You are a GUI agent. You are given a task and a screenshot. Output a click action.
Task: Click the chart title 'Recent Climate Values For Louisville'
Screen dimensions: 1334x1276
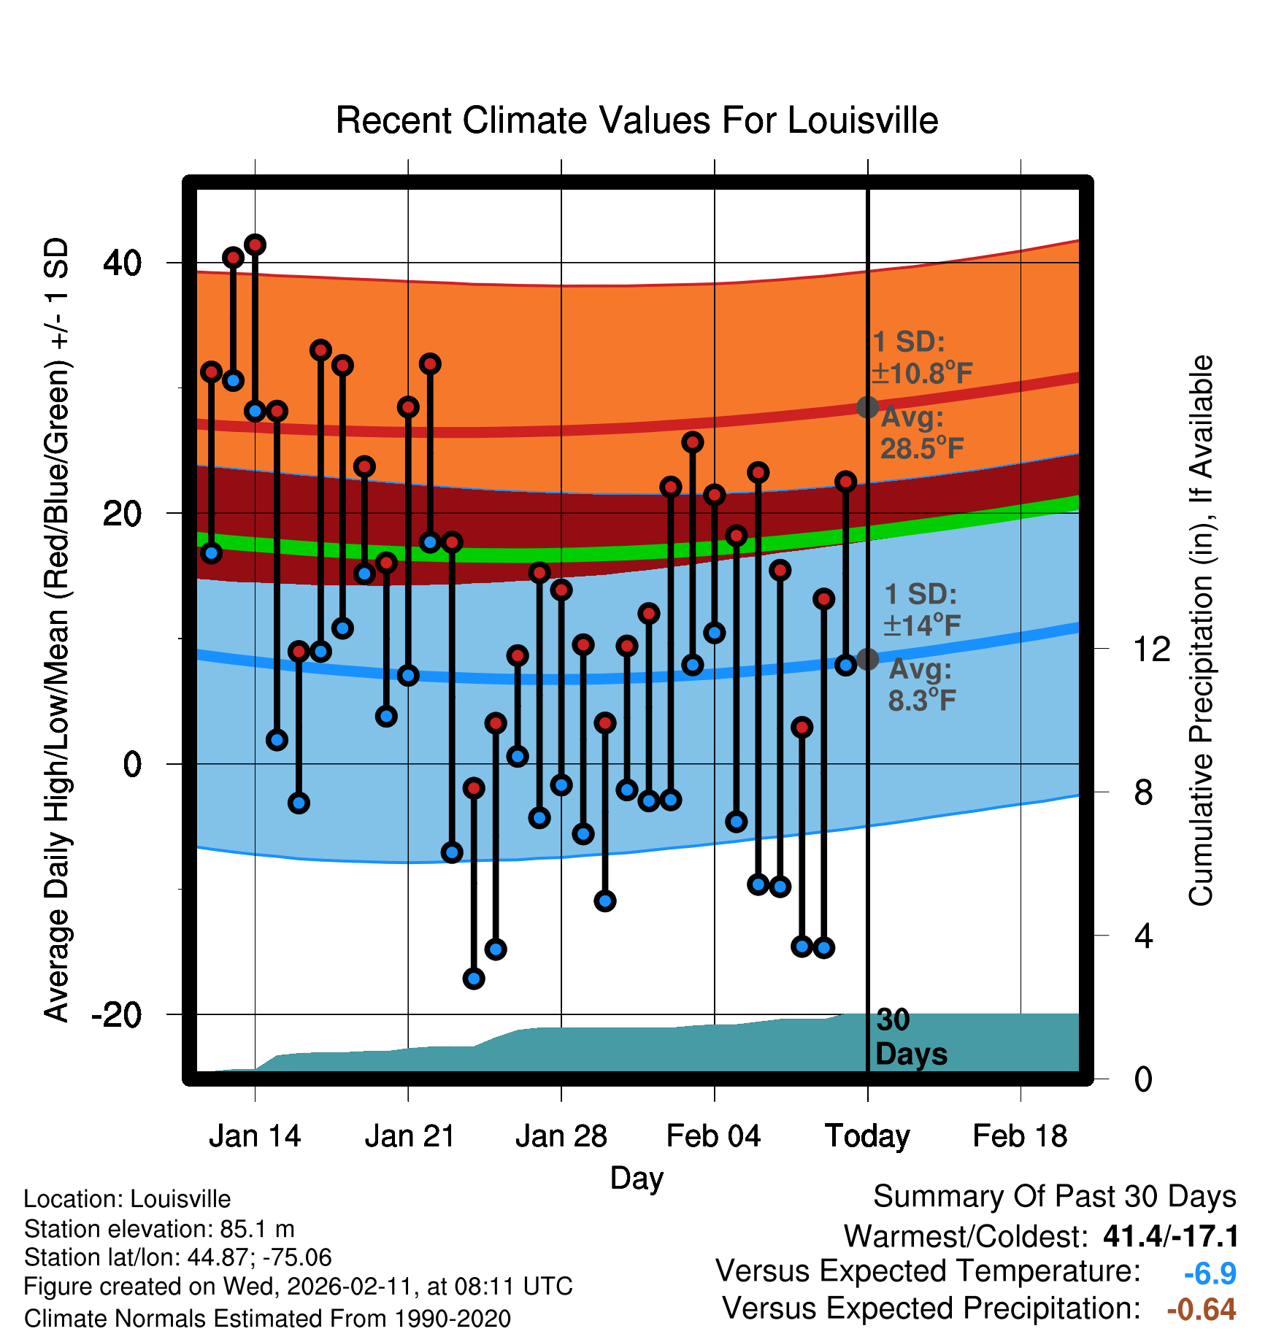[x=637, y=120]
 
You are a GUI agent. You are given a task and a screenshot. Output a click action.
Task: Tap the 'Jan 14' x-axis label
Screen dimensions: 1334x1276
[x=255, y=1136]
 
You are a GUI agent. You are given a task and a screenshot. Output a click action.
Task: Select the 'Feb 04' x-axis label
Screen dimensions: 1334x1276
[x=713, y=1136]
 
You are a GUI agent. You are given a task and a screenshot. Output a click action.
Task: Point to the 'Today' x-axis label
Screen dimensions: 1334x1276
[x=867, y=1136]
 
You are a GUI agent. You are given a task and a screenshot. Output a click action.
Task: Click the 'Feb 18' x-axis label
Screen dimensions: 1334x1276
[x=1020, y=1136]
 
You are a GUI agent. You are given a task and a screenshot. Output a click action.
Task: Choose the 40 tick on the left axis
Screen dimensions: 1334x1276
[x=123, y=263]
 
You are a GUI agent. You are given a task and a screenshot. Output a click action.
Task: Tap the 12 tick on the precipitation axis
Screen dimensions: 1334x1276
[x=1151, y=649]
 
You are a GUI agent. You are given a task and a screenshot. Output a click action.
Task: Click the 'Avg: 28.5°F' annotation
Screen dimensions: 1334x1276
[x=921, y=433]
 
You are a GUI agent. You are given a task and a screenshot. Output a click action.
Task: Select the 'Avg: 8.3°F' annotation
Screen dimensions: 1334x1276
[x=921, y=685]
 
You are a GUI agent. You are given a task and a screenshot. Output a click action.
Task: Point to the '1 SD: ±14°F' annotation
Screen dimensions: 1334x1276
[x=921, y=609]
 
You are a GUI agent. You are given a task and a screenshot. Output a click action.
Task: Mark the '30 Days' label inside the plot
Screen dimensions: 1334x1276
[x=910, y=1037]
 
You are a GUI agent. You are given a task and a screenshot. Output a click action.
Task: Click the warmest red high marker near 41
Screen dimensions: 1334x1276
[x=255, y=244]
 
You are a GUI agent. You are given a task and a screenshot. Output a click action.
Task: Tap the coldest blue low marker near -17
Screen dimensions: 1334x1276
[x=474, y=979]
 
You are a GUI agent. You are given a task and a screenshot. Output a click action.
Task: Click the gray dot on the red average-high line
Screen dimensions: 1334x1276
[x=867, y=407]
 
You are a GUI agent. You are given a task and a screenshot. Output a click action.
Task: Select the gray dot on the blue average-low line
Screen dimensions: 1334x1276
[x=867, y=659]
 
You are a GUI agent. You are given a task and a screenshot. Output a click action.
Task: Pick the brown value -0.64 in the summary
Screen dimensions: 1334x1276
[x=1201, y=1309]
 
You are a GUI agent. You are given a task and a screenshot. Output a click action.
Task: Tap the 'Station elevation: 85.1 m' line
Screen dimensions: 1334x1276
[x=159, y=1229]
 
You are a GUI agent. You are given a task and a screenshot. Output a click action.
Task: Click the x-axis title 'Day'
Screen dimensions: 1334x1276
[x=637, y=1178]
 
